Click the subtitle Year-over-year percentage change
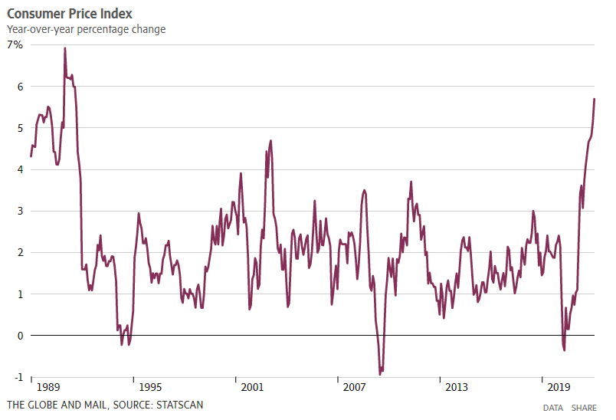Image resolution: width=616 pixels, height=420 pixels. coord(87,29)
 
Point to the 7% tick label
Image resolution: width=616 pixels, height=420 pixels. coord(16,45)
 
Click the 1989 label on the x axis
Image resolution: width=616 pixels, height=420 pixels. coord(48,387)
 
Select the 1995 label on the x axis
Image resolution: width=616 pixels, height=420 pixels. coord(150,387)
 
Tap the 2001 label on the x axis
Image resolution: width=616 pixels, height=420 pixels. coord(252,387)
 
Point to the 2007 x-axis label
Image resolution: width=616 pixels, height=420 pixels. coord(354,387)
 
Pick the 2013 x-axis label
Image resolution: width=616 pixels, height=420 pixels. coord(457,387)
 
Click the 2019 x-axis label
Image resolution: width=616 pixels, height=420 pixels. coord(559,387)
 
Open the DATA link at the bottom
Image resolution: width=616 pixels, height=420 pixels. coord(552,408)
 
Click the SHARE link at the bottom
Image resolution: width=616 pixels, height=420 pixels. coord(584,408)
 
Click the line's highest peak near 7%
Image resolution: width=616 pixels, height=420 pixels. coord(64,48)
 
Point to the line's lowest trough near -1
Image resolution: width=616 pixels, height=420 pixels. coord(380,374)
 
